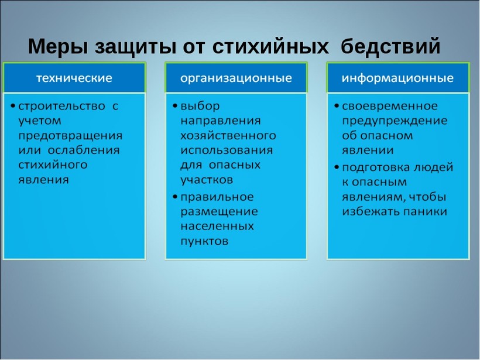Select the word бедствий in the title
pyautogui.click(x=390, y=46)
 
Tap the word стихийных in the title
pyautogui.click(x=270, y=46)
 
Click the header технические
pyautogui.click(x=74, y=78)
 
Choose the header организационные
pyautogui.click(x=236, y=78)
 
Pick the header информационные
pyautogui.click(x=397, y=78)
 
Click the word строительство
pyautogui.click(x=61, y=106)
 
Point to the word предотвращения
pyautogui.click(x=70, y=136)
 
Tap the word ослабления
pyautogui.click(x=84, y=150)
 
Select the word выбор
pyautogui.click(x=200, y=106)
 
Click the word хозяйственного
pyautogui.click(x=228, y=136)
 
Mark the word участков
pyautogui.click(x=207, y=180)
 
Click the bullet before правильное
pyautogui.click(x=175, y=197)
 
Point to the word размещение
pyautogui.click(x=219, y=211)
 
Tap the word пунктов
pyautogui.click(x=204, y=241)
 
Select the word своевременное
pyautogui.click(x=390, y=106)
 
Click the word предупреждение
pyautogui.click(x=395, y=121)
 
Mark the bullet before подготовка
pyautogui.click(x=337, y=167)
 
